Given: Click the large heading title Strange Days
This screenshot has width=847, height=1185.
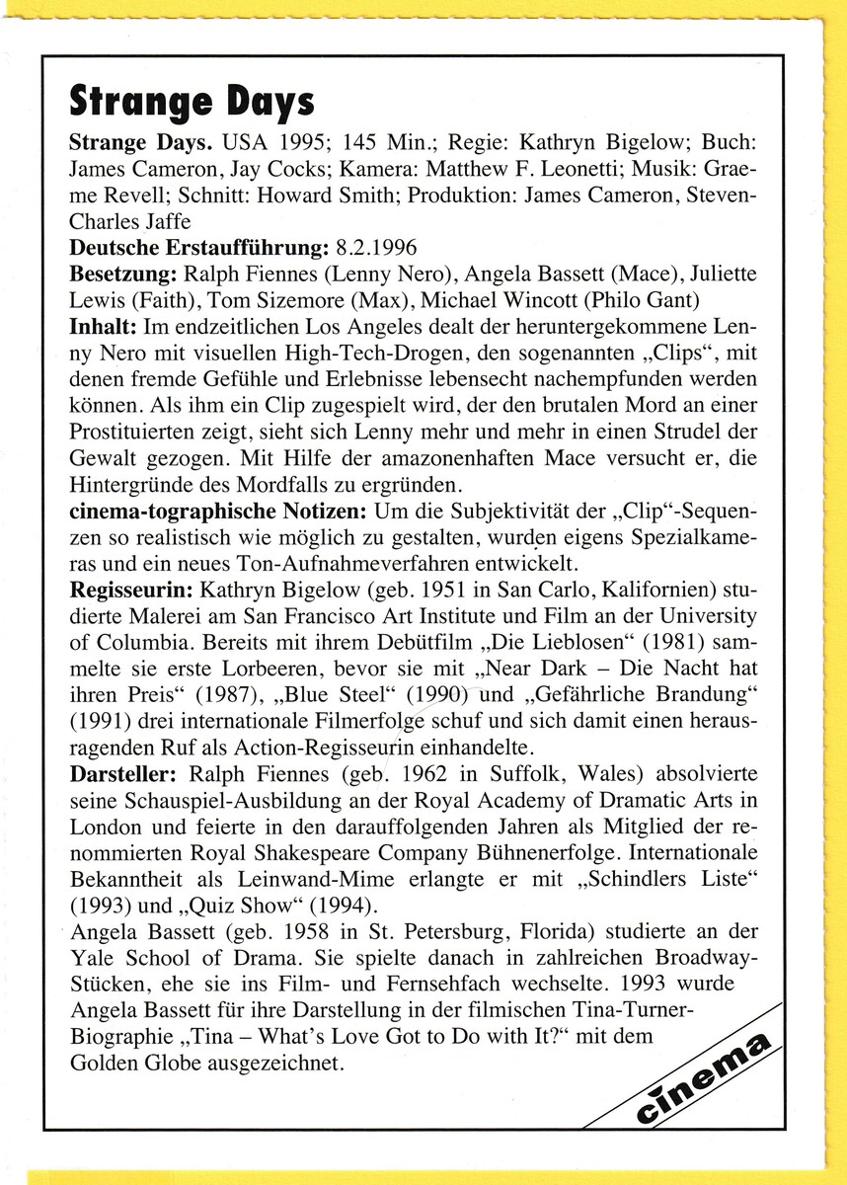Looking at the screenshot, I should [x=191, y=100].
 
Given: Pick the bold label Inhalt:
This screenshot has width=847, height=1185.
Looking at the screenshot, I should [x=104, y=324].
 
